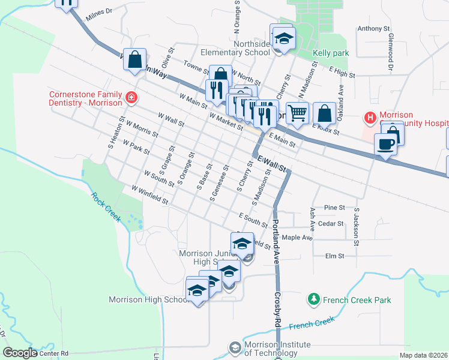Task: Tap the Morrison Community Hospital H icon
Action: pyautogui.click(x=370, y=116)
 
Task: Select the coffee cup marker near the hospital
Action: pyautogui.click(x=385, y=144)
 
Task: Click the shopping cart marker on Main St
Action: pyautogui.click(x=297, y=112)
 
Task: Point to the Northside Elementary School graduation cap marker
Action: pyautogui.click(x=282, y=39)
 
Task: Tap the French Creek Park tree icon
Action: pyautogui.click(x=313, y=299)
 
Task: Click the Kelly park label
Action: pyautogui.click(x=331, y=53)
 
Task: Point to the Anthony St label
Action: pyautogui.click(x=373, y=28)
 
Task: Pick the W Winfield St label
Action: pyautogui.click(x=146, y=195)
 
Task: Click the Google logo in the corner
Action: pyautogui.click(x=20, y=353)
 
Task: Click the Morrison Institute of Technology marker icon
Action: pyautogui.click(x=235, y=347)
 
